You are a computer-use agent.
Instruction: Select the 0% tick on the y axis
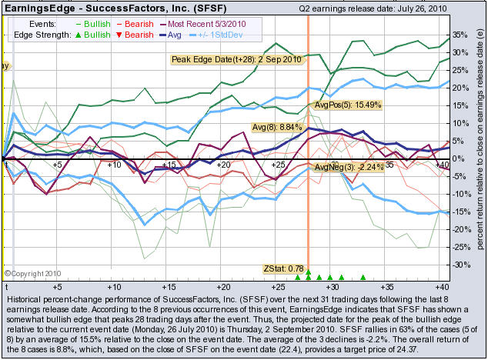click(x=459, y=159)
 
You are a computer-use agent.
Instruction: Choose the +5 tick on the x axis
click(x=58, y=165)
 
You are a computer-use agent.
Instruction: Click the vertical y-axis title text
click(x=478, y=146)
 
